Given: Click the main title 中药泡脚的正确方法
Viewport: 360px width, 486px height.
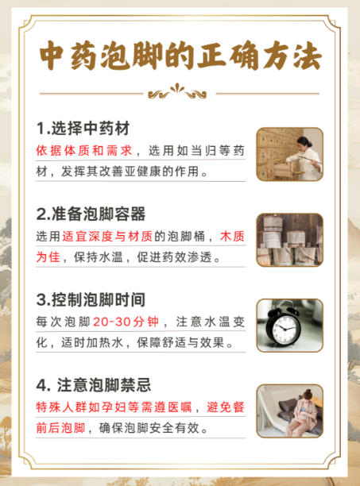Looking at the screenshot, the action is pyautogui.click(x=180, y=56).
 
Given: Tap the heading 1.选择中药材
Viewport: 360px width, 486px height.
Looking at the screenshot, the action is pyautogui.click(x=83, y=129).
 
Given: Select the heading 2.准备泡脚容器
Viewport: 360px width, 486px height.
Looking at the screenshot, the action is pyautogui.click(x=91, y=214).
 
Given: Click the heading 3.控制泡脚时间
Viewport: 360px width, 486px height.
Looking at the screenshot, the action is pyautogui.click(x=91, y=299).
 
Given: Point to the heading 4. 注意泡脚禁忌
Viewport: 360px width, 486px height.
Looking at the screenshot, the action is pyautogui.click(x=94, y=385).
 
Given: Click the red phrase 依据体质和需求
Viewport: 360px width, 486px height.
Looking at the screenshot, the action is pyautogui.click(x=84, y=151).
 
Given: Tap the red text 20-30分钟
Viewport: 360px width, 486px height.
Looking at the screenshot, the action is pyautogui.click(x=126, y=322).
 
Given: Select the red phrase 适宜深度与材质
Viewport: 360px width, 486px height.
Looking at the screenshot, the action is pyautogui.click(x=107, y=237).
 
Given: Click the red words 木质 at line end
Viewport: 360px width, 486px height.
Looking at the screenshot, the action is pyautogui.click(x=232, y=237).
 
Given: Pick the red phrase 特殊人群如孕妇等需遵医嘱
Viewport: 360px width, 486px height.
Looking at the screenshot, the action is pyautogui.click(x=114, y=407).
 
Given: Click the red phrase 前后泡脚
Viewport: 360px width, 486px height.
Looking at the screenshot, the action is pyautogui.click(x=60, y=428).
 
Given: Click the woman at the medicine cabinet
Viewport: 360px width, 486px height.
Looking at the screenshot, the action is pyautogui.click(x=305, y=156).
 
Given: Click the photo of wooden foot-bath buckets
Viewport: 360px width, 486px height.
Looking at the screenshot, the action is pyautogui.click(x=290, y=240).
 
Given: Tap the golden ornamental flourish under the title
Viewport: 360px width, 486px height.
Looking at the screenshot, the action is pyautogui.click(x=177, y=91).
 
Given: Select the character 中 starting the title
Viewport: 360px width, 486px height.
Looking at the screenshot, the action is pyautogui.click(x=52, y=56).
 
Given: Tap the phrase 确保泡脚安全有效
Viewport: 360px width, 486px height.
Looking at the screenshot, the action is pyautogui.click(x=149, y=428).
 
